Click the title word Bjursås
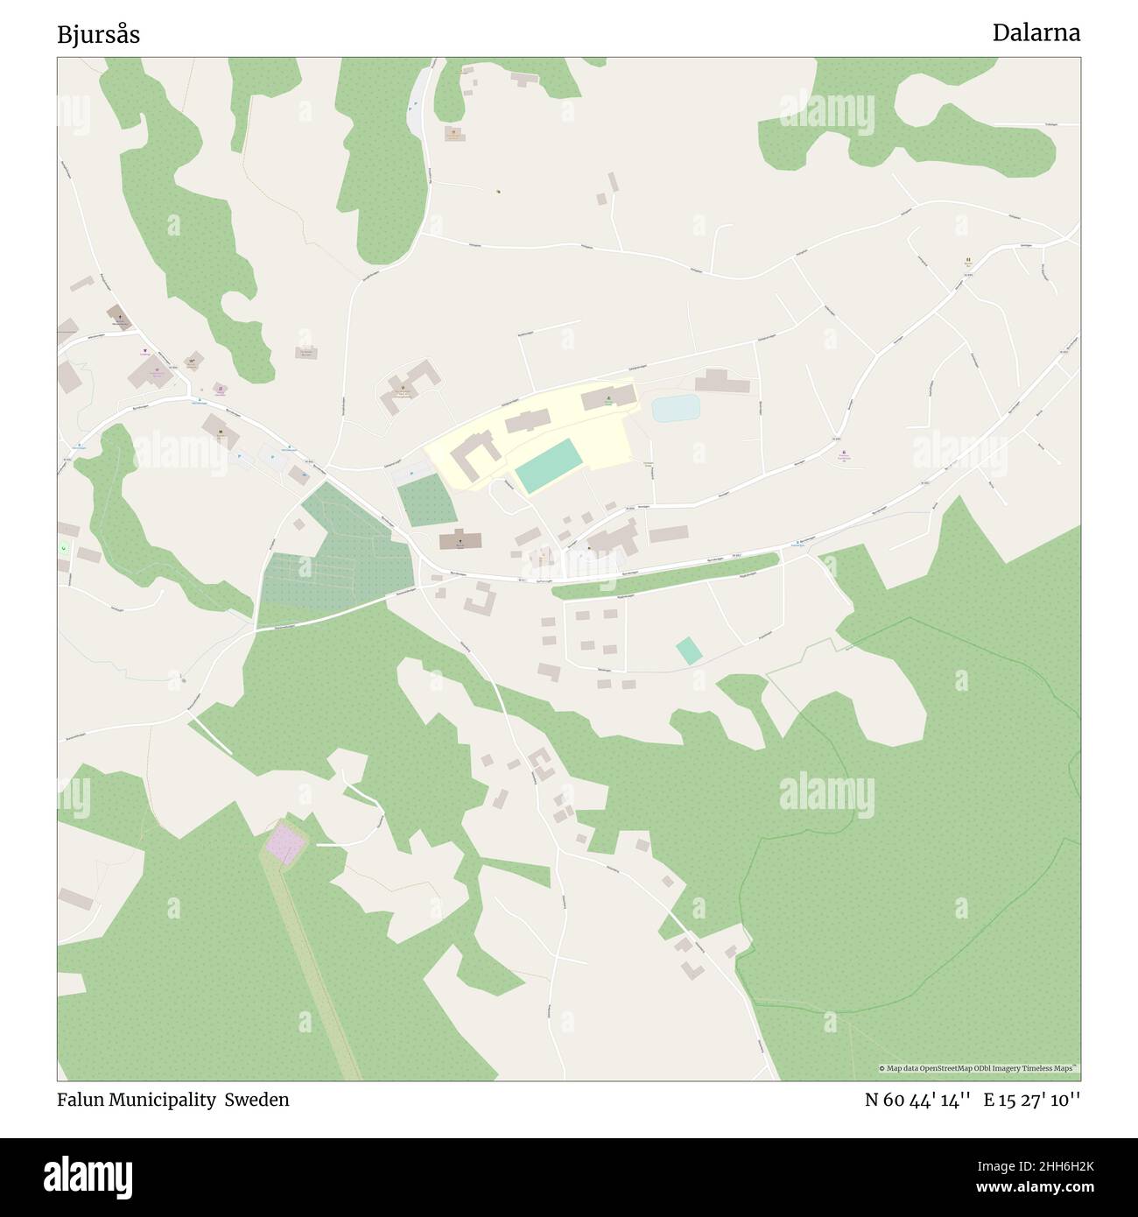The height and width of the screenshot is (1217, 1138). [x=98, y=35]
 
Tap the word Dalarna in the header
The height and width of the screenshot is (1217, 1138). [x=1036, y=33]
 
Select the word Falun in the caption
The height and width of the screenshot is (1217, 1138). [x=81, y=1100]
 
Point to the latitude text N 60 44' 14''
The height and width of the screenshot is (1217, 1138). [x=917, y=1100]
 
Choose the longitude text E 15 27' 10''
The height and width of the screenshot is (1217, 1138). [x=1032, y=1100]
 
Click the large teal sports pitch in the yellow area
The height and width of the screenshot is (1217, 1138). [x=549, y=467]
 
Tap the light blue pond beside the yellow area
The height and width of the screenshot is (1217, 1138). [x=676, y=408]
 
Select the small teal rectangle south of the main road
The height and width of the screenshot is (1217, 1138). [x=689, y=651]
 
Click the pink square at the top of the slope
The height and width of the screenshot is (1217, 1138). [x=286, y=842]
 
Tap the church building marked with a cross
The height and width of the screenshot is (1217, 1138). [x=460, y=540]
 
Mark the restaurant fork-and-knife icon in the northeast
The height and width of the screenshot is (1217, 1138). [x=968, y=260]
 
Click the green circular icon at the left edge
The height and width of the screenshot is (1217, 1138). [x=64, y=548]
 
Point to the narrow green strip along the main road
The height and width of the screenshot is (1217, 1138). [x=665, y=575]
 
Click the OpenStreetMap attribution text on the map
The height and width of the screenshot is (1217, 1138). [x=979, y=1068]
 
